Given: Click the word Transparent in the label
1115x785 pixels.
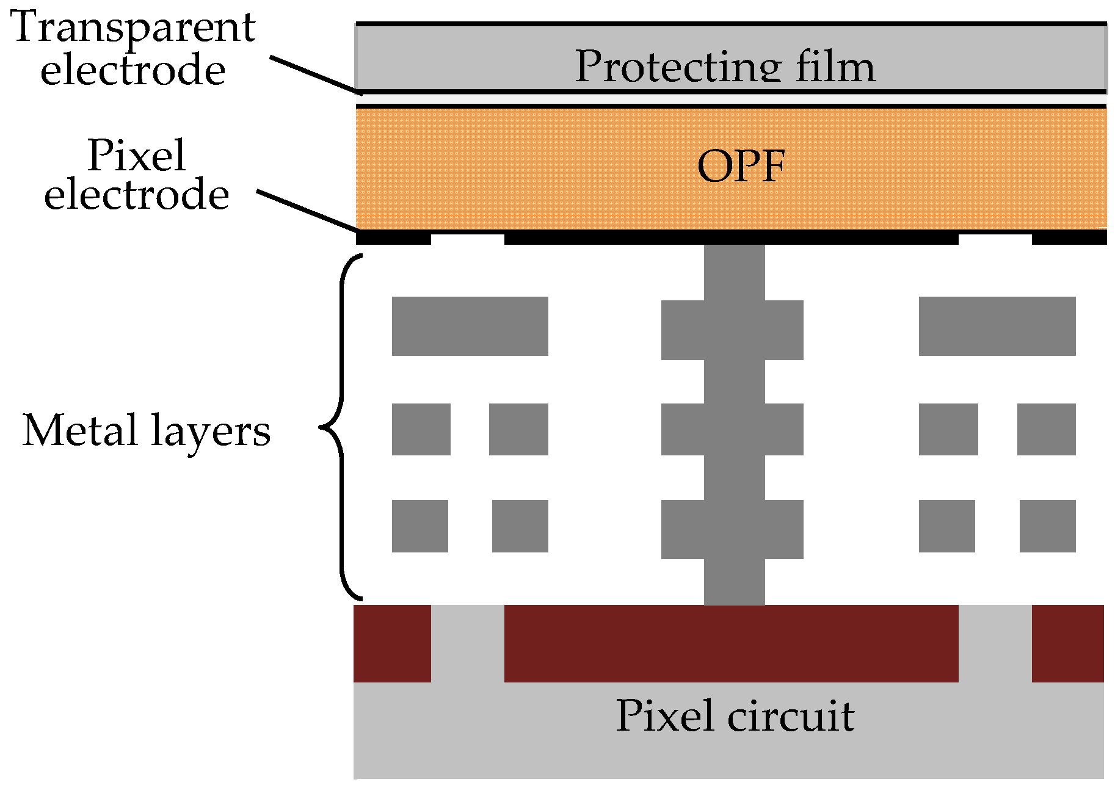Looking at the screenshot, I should pos(133,27).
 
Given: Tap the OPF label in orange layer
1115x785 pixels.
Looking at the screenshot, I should pos(741,166).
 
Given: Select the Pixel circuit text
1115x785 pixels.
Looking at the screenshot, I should pos(735,715).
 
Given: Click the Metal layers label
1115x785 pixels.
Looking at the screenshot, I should pos(146,430).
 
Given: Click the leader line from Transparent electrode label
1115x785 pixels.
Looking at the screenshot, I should pos(314,75).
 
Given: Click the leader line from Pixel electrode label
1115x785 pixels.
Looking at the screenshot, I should pos(305,211).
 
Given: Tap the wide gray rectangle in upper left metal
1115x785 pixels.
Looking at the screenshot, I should pos(470,326).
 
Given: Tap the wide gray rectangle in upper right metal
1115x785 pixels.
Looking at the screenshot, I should pos(997,326).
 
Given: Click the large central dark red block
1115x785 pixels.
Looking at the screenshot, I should pos(731,643).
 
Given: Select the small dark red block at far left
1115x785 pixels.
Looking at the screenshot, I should pos(392,643).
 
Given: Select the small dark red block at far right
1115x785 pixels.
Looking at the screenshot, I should pos(1067,643).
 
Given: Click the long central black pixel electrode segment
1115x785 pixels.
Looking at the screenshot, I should pos(731,237).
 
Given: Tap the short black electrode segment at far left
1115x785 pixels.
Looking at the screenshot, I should pos(393,237).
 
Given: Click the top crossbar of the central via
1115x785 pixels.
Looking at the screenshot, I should pos(732,330).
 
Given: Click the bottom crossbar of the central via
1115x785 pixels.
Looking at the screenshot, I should pos(732,529).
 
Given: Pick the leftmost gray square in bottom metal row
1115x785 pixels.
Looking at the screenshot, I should pos(419,526).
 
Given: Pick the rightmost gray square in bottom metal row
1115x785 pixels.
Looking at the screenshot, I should pos(1047,526).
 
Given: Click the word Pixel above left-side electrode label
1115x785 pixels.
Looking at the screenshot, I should pos(136,156).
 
